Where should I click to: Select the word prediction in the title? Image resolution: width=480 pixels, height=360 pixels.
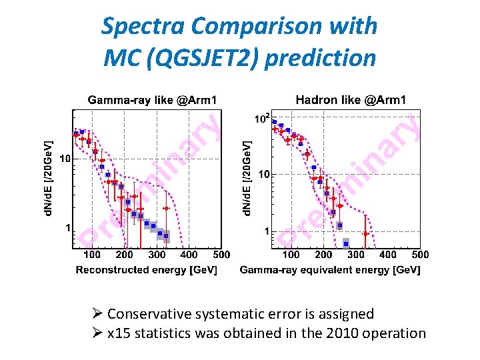click(321, 58)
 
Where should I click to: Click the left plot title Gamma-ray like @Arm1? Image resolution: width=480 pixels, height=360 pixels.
click(152, 100)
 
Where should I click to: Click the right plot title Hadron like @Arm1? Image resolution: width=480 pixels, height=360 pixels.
click(351, 100)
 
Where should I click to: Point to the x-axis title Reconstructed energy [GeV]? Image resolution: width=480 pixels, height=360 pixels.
click(150, 270)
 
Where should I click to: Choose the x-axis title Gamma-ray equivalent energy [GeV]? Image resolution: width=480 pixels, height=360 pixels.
click(330, 270)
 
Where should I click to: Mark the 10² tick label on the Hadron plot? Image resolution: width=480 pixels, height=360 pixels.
click(262, 119)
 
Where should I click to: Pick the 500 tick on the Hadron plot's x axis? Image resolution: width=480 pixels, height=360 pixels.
click(420, 254)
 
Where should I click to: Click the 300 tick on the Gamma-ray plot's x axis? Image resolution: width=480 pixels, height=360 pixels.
click(157, 254)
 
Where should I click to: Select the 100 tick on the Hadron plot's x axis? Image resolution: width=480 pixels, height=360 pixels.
click(291, 254)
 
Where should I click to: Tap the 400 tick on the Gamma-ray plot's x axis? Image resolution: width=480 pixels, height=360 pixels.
click(189, 254)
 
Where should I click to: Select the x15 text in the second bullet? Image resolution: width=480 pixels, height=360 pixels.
click(118, 333)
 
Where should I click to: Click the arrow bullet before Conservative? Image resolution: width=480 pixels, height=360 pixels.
click(97, 314)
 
